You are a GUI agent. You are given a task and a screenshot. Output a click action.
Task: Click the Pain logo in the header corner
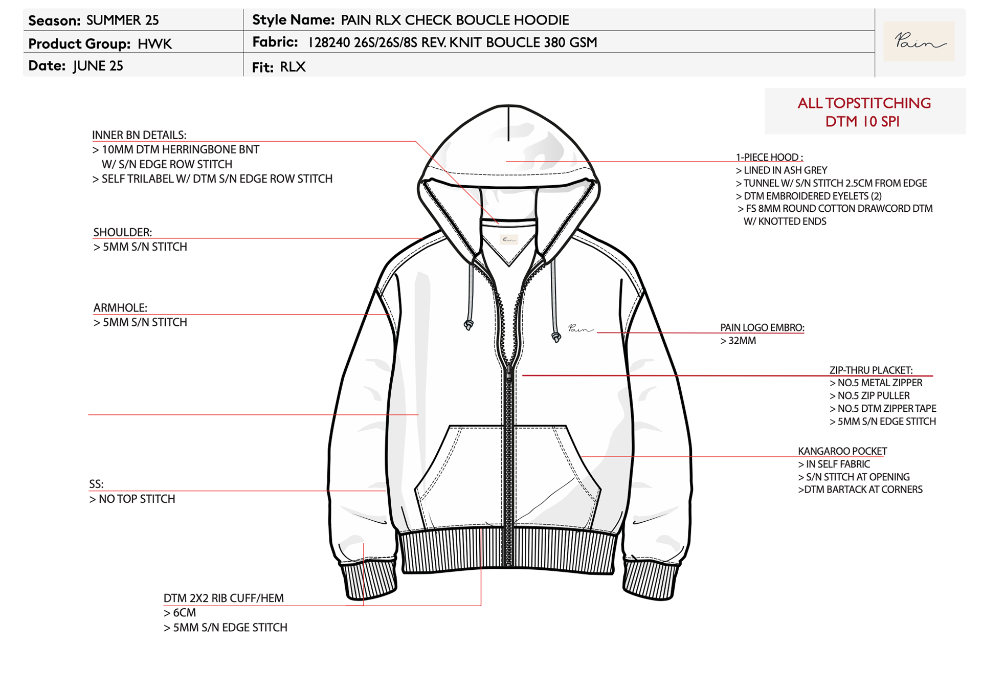(919, 41)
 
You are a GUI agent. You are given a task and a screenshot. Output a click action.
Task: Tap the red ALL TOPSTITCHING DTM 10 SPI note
(864, 112)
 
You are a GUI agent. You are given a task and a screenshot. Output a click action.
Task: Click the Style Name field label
(293, 20)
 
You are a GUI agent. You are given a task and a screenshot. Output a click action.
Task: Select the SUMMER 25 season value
(122, 20)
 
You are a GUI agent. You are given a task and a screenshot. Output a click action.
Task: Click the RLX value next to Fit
(293, 67)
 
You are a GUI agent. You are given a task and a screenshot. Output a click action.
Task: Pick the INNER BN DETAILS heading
(139, 135)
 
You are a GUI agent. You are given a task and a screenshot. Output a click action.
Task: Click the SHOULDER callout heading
(122, 232)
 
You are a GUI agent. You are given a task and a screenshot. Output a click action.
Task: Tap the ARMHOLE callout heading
(120, 308)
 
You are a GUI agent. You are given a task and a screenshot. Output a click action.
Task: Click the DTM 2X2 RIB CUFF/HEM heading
(224, 598)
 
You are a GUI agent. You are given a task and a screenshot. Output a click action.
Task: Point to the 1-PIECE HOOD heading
(769, 158)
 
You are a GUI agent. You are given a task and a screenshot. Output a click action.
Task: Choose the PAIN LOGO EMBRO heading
(762, 328)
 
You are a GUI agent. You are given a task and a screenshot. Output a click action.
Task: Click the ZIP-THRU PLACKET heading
(871, 370)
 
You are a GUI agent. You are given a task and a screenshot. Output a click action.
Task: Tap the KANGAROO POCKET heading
(842, 451)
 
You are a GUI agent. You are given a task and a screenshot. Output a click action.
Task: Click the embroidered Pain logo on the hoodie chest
(581, 329)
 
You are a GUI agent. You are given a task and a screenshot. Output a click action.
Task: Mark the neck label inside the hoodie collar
(508, 239)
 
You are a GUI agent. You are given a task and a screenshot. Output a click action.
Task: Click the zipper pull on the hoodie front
(509, 374)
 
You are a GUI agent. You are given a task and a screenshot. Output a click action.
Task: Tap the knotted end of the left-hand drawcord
(468, 325)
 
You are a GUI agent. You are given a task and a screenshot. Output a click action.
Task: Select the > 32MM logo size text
(738, 341)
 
